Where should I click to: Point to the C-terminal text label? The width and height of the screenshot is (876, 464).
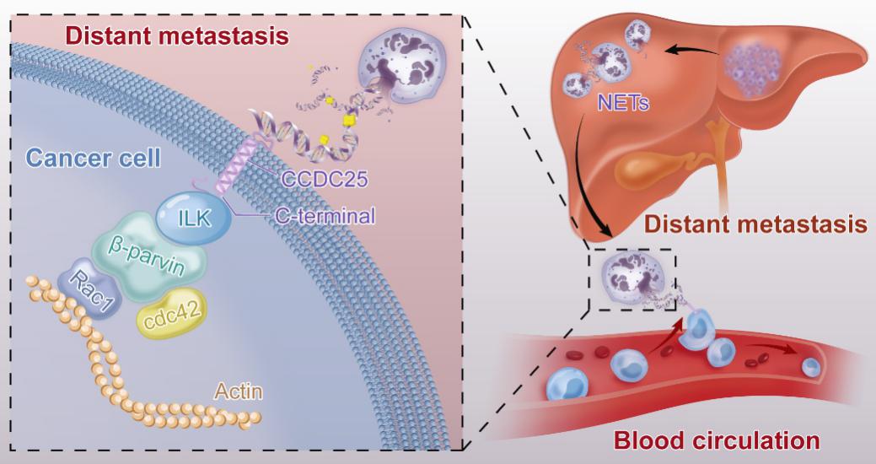point(325,217)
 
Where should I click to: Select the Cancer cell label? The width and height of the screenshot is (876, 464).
point(92,157)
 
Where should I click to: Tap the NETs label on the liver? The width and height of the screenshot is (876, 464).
point(626,105)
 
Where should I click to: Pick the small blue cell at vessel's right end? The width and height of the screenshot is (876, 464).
point(810,367)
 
